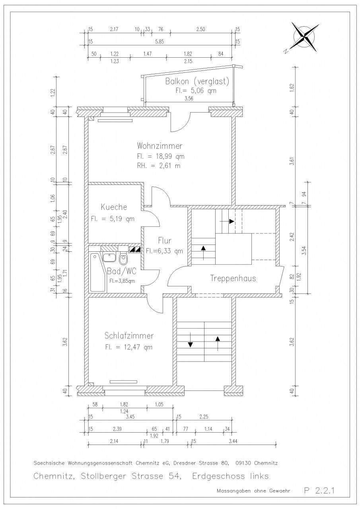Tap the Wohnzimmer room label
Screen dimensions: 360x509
click(x=160, y=146)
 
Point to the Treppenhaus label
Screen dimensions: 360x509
click(x=233, y=278)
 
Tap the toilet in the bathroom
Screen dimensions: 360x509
click(x=123, y=259)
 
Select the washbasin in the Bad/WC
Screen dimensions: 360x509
click(x=110, y=257)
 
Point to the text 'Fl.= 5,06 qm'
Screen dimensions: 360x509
click(x=196, y=91)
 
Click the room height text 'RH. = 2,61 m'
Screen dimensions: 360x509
click(x=159, y=166)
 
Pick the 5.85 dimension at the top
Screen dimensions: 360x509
click(x=160, y=42)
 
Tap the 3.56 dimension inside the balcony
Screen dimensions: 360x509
click(x=189, y=98)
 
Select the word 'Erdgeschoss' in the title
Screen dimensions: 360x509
click(x=218, y=476)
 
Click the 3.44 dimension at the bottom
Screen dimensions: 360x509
click(x=233, y=441)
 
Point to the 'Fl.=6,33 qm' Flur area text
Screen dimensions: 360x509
click(x=164, y=251)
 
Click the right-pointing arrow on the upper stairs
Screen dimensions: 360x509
click(x=227, y=221)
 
